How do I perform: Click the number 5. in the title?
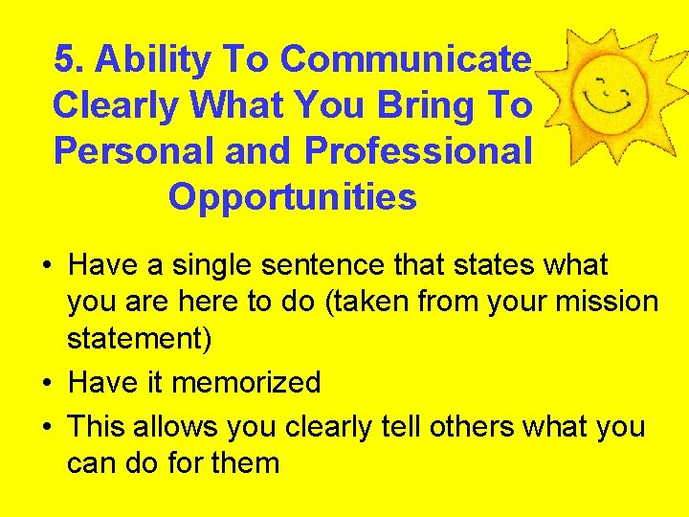click(x=70, y=59)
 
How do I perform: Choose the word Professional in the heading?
click(x=417, y=151)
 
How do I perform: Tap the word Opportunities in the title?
click(x=292, y=197)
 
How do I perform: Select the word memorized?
click(x=246, y=383)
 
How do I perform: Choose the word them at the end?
click(x=243, y=464)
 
